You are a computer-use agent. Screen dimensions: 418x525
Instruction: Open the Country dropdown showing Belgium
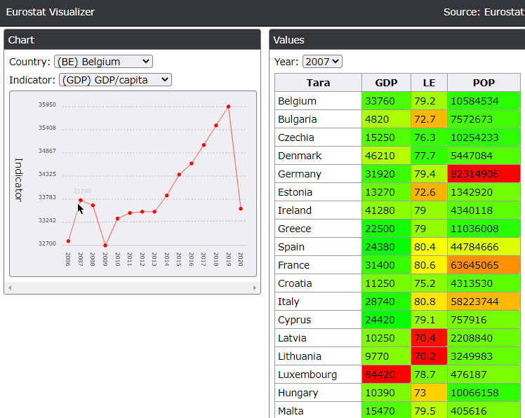pos(103,62)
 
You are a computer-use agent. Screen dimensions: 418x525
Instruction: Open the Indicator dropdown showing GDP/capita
pos(115,80)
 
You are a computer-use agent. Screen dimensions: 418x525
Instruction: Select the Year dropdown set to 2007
pos(322,62)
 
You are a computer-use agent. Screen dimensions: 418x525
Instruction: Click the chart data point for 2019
pos(229,107)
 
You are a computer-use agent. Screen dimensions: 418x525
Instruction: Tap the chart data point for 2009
pos(105,245)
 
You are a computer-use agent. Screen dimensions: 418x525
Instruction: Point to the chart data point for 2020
pos(241,209)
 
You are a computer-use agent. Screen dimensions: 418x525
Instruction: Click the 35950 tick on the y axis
pos(47,105)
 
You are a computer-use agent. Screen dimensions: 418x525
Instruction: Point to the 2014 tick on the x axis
pos(167,259)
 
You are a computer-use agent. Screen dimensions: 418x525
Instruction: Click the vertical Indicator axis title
pos(20,180)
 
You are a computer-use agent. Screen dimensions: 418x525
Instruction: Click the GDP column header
pos(386,83)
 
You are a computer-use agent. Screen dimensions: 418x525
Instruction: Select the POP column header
pos(484,83)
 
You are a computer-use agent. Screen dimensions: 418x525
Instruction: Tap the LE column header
pos(429,83)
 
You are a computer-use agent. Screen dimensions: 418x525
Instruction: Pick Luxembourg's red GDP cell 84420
pos(386,375)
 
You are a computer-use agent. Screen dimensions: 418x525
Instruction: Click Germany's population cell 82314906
pos(484,174)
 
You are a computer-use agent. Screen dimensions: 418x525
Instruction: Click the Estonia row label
pos(295,192)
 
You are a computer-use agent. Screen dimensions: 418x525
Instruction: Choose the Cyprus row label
pos(294,320)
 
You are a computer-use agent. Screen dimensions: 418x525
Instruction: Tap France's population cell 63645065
pos(484,265)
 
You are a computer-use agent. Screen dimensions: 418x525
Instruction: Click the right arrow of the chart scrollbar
pos(255,288)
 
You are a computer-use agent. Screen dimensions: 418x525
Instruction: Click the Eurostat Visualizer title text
pos(51,12)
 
